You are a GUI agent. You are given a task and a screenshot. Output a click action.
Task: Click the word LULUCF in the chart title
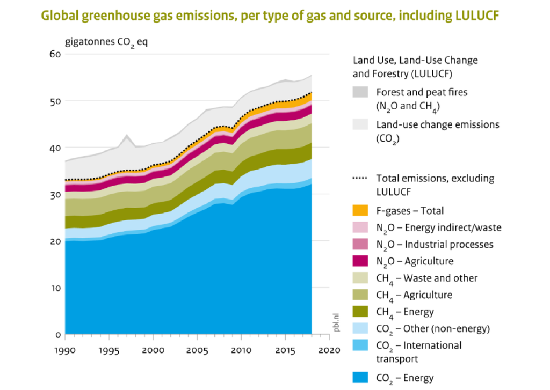point(477,16)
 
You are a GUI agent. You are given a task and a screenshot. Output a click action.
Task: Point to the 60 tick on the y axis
point(55,54)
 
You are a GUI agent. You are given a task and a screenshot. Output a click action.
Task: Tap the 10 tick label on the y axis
point(56,288)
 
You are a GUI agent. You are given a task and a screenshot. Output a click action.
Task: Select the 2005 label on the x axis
point(197,350)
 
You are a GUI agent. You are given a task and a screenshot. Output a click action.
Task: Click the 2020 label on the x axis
point(329,350)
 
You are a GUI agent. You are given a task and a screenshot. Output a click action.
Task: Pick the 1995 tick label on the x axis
point(108,350)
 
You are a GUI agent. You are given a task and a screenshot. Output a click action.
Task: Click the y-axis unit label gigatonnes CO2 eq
point(106,42)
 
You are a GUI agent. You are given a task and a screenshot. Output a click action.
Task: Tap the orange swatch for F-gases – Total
point(360,211)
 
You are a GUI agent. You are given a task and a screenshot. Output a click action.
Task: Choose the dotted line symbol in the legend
point(360,178)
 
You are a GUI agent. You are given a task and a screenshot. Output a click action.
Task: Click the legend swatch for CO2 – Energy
point(360,377)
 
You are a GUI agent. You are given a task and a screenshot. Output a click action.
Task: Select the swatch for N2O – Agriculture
point(360,261)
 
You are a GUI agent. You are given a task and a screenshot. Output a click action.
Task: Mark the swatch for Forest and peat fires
point(360,92)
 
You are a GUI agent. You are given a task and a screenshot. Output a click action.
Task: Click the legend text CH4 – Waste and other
point(427,278)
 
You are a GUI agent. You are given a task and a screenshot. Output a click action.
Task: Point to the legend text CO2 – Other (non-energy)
point(433,329)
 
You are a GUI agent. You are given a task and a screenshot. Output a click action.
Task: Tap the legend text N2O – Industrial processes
point(435,245)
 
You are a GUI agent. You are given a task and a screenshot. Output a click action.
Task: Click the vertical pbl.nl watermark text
point(336,322)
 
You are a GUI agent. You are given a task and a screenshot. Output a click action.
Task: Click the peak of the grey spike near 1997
point(127,135)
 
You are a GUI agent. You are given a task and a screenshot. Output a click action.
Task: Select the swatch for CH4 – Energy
point(360,312)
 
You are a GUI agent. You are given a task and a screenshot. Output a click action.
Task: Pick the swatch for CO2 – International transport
point(360,345)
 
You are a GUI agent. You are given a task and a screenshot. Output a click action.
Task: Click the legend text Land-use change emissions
point(438,125)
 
